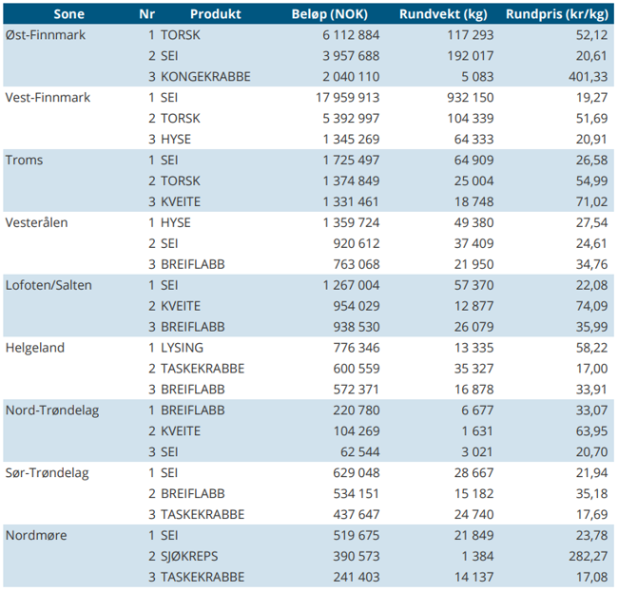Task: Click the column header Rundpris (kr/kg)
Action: click(557, 14)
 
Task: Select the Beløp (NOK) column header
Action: click(330, 14)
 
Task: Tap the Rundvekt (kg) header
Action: click(443, 14)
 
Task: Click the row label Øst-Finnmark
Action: click(46, 34)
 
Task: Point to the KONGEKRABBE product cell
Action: click(205, 76)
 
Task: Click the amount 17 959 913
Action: click(347, 97)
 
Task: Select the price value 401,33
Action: click(588, 76)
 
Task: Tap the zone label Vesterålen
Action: click(37, 222)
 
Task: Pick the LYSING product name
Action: click(182, 348)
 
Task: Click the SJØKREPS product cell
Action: click(189, 556)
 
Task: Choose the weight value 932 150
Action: click(471, 97)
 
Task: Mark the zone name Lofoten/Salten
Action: click(48, 285)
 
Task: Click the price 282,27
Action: click(588, 556)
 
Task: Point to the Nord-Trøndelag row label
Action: click(52, 410)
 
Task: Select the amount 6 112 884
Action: click(351, 34)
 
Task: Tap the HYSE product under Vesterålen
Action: click(175, 222)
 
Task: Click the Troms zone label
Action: click(24, 160)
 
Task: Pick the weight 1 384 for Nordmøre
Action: click(477, 556)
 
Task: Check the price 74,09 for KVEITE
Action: click(591, 306)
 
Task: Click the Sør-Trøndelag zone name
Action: click(48, 473)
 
